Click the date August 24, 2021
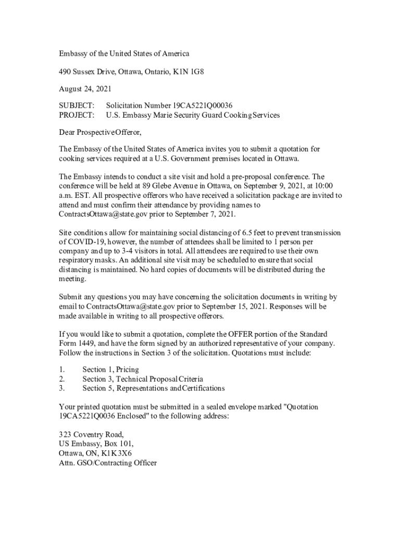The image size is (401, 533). pyautogui.click(x=85, y=89)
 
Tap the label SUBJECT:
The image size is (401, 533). pyautogui.click(x=77, y=106)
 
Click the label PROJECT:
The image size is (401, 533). pyautogui.click(x=77, y=115)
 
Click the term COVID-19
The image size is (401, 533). pyautogui.click(x=84, y=242)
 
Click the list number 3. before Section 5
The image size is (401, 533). pyautogui.click(x=62, y=388)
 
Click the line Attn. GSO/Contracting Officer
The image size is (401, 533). pyautogui.click(x=108, y=463)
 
